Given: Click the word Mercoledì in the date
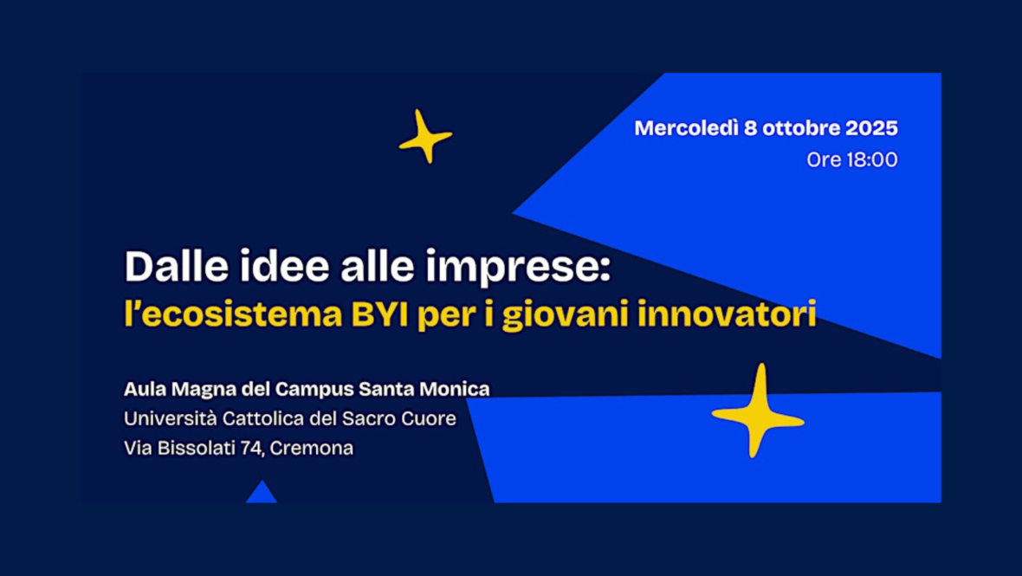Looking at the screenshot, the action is [x=686, y=127].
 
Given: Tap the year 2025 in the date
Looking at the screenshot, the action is [x=871, y=127].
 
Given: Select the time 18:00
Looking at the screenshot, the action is [x=871, y=159].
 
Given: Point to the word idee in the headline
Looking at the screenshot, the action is [x=284, y=266].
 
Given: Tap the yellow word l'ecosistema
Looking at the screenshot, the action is [x=233, y=314].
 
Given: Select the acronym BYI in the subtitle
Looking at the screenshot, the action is [x=379, y=314].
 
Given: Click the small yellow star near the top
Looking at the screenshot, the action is [x=425, y=137].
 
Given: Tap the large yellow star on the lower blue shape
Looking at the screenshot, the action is [x=758, y=411].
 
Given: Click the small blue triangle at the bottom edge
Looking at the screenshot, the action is [x=262, y=493].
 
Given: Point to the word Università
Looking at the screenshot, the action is [x=170, y=418].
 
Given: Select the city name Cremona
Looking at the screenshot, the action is [x=312, y=449].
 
